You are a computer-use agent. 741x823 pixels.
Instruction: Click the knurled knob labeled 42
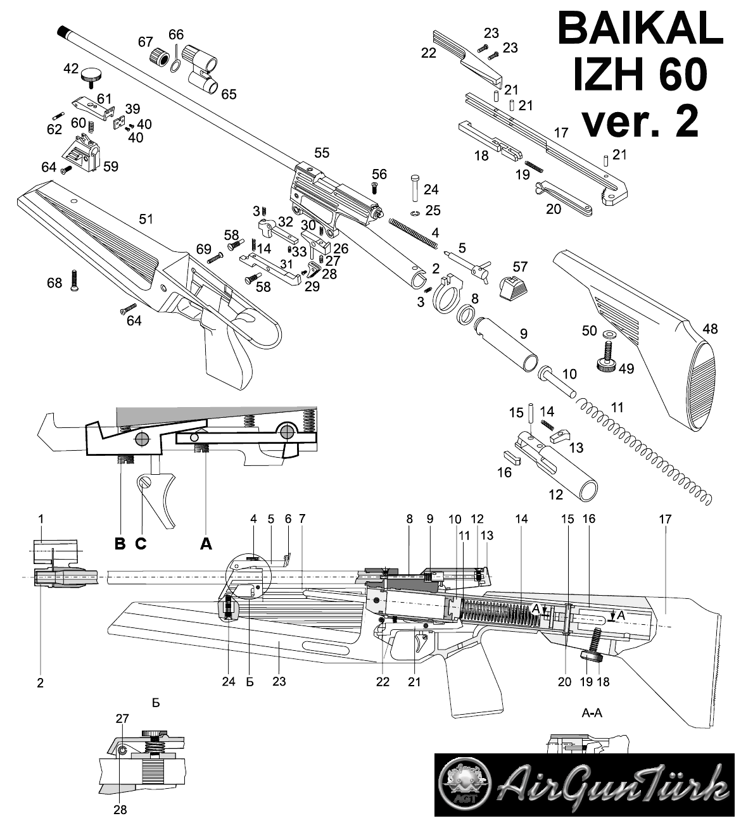(x=92, y=77)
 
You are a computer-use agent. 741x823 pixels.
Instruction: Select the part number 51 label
(x=146, y=219)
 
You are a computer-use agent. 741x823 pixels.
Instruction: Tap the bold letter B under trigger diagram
(x=120, y=544)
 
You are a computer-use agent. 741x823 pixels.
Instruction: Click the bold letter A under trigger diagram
(x=206, y=544)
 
